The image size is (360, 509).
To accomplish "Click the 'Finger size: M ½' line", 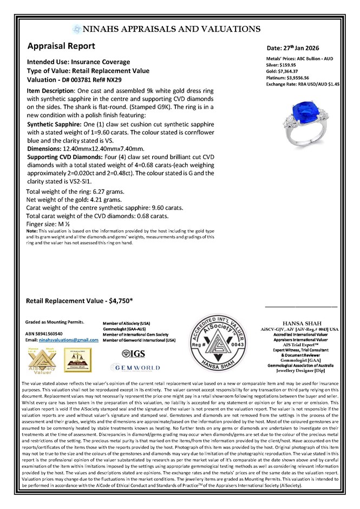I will click(x=45, y=223).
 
